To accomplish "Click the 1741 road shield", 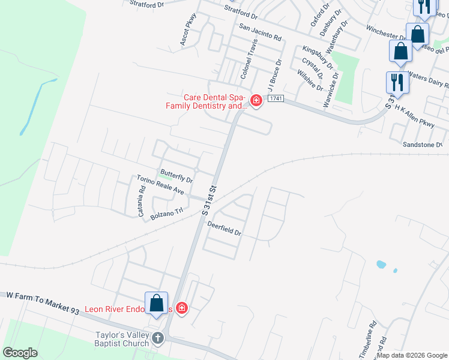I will coord(276,98).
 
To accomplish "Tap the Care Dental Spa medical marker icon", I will coord(256,100).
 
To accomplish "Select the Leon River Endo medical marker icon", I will coord(181,308).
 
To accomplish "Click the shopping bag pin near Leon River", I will coord(156,303).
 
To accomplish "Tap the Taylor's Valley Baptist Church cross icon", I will coord(158,338).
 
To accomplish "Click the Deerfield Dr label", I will coord(224,229).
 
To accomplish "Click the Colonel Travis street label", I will coord(249,60).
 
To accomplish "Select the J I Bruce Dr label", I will coord(275,75).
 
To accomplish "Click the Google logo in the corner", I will coord(20,353).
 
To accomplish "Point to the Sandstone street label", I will coord(423,145).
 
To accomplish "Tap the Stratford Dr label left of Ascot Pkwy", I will coord(147,5).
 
